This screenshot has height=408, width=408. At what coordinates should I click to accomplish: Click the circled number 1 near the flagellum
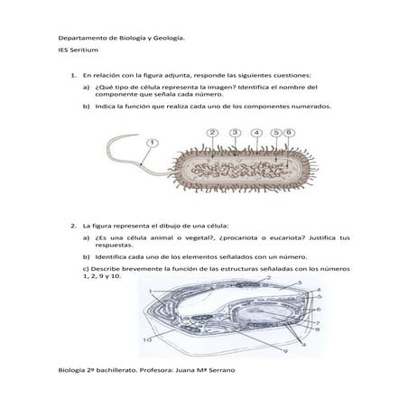click(153, 143)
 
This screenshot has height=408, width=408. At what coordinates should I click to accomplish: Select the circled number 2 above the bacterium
click(212, 133)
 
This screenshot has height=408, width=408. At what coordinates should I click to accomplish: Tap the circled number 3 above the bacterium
click(235, 133)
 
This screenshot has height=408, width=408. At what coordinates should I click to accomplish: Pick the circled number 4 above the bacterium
click(256, 133)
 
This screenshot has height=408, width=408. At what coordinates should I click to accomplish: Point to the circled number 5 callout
click(276, 133)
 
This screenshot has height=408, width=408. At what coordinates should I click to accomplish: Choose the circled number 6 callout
click(289, 133)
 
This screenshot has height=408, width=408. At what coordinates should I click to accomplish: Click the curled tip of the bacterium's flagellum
click(138, 134)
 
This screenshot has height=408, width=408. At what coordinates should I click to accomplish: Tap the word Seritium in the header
click(84, 50)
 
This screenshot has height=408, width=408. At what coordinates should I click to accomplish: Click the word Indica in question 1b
click(105, 107)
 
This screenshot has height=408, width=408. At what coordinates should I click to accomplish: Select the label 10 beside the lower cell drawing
click(147, 340)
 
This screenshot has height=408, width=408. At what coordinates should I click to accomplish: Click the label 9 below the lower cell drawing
click(285, 351)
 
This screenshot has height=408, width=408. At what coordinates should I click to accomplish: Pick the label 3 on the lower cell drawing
click(300, 283)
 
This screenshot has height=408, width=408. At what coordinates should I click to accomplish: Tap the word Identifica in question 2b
click(110, 257)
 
